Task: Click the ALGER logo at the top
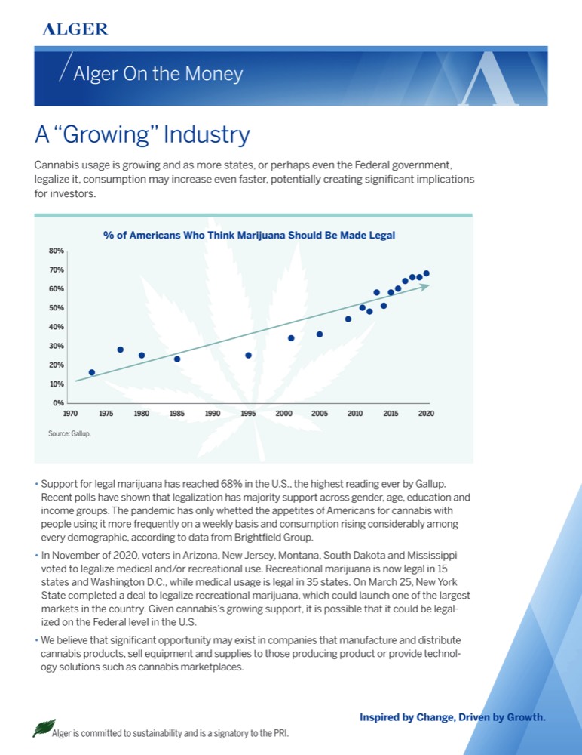tap(75, 29)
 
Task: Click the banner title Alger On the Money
tap(158, 74)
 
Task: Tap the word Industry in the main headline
tap(207, 135)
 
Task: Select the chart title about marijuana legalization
tap(249, 236)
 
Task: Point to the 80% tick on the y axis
tap(57, 251)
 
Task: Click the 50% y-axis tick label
tap(57, 308)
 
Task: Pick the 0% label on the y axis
tap(58, 402)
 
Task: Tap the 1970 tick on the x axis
tap(70, 414)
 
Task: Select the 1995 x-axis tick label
tap(248, 414)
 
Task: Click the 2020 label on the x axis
tap(426, 414)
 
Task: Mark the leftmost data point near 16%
tap(92, 372)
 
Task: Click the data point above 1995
tap(248, 355)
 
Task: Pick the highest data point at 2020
tap(427, 273)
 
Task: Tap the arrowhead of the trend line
tap(426, 286)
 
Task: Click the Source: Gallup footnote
tap(70, 434)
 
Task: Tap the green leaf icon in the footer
tap(42, 728)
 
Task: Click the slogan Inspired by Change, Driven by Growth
tap(452, 716)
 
